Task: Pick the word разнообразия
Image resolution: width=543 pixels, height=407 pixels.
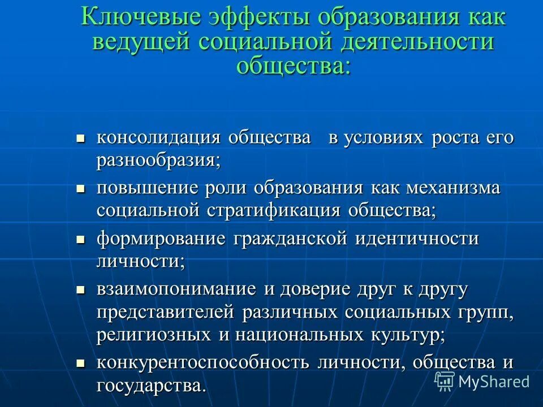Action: [x=157, y=160]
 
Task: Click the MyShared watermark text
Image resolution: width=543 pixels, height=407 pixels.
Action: [x=494, y=381]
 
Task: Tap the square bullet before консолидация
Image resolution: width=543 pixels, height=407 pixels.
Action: [x=80, y=138]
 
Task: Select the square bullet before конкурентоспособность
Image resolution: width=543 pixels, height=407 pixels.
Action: [x=80, y=362]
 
